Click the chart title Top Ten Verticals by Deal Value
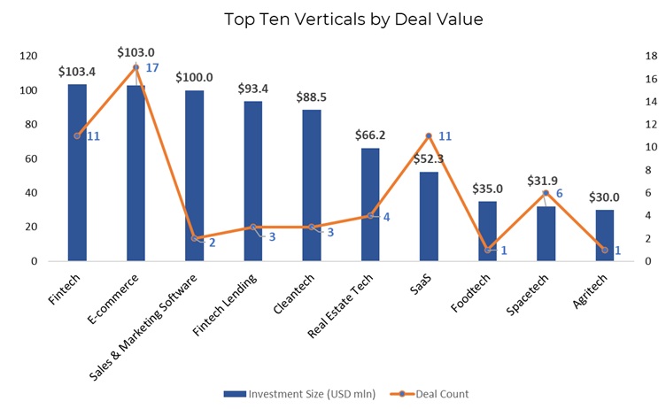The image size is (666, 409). click(332, 19)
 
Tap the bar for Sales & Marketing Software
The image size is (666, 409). click(194, 177)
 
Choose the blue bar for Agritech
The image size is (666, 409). click(605, 235)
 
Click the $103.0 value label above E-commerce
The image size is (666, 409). click(136, 52)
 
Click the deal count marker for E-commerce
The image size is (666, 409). click(136, 67)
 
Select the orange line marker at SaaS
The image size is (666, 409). click(429, 135)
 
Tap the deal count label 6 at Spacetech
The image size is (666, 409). click(560, 193)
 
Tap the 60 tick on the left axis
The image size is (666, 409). click(32, 158)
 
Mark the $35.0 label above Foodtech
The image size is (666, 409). click(488, 189)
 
